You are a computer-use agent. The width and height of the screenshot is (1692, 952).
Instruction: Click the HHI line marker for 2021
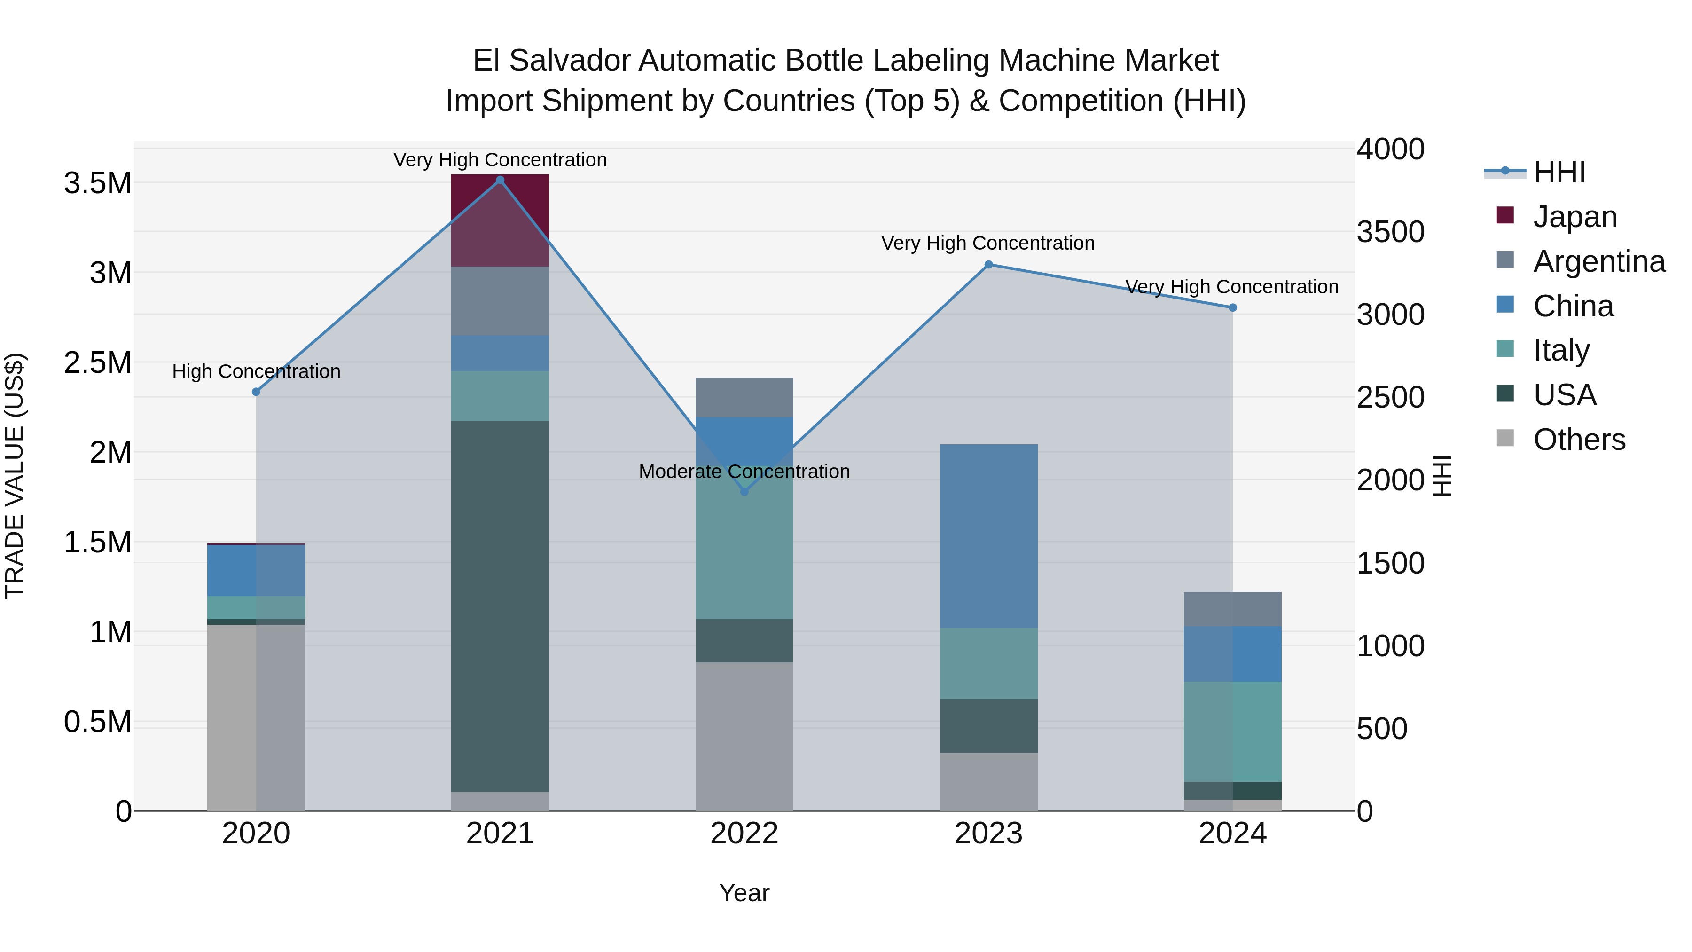pos(500,180)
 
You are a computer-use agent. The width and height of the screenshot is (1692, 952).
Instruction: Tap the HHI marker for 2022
pos(744,491)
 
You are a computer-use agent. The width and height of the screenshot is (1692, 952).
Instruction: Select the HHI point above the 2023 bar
pos(988,265)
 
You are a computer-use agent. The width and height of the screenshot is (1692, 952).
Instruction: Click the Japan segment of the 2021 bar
pos(500,220)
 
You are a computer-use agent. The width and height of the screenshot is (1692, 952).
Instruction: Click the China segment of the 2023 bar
pos(988,535)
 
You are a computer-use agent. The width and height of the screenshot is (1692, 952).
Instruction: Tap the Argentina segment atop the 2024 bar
pos(1232,609)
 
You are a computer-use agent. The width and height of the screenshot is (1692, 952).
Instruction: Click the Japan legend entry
pos(1574,217)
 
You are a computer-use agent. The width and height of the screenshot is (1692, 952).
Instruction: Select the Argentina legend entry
pos(1599,261)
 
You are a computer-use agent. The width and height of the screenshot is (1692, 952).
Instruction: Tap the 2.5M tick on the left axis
pos(97,362)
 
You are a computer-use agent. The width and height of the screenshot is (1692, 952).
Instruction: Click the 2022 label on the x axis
pos(744,834)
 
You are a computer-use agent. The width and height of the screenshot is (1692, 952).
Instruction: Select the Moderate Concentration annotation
pos(744,472)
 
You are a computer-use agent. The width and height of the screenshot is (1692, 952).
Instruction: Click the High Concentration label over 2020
pos(256,372)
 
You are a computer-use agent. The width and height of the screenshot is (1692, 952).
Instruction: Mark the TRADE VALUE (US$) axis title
pos(15,476)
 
